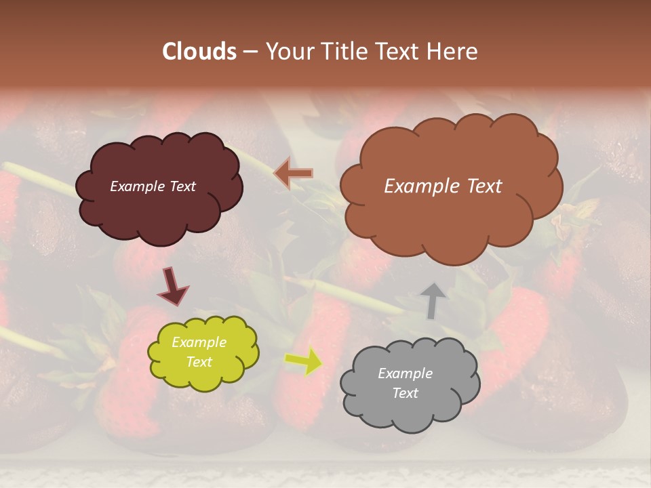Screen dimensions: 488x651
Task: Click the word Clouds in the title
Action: tap(199, 52)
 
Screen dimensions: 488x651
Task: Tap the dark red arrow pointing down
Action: tap(172, 286)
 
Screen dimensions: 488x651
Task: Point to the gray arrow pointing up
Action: tap(433, 300)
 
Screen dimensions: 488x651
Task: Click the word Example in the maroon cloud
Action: tap(138, 186)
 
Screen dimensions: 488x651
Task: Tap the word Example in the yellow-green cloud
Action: tap(199, 342)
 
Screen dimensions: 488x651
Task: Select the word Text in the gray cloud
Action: tap(406, 393)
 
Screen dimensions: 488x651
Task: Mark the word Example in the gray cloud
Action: tap(406, 373)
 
